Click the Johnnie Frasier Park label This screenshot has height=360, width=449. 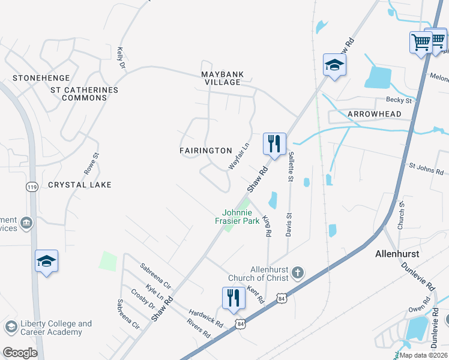pyautogui.click(x=241, y=216)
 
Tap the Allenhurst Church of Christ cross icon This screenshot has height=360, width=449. pyautogui.click(x=297, y=274)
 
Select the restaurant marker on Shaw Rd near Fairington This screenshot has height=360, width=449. pyautogui.click(x=274, y=144)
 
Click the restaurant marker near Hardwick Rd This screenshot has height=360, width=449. pyautogui.click(x=234, y=298)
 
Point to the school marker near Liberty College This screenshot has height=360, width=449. pyautogui.click(x=46, y=261)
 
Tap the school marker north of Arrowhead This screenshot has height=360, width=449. pyautogui.click(x=334, y=65)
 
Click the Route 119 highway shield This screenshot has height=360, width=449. pyautogui.click(x=32, y=187)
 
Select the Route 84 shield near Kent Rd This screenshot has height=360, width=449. pyautogui.click(x=282, y=298)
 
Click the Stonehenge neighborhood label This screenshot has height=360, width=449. pyautogui.click(x=41, y=78)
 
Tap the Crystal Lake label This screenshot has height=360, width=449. pyautogui.click(x=80, y=185)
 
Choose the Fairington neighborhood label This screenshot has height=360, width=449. pyautogui.click(x=206, y=150)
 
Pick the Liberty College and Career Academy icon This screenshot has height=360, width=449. pyautogui.click(x=10, y=327)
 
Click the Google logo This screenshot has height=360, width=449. pyautogui.click(x=20, y=353)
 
